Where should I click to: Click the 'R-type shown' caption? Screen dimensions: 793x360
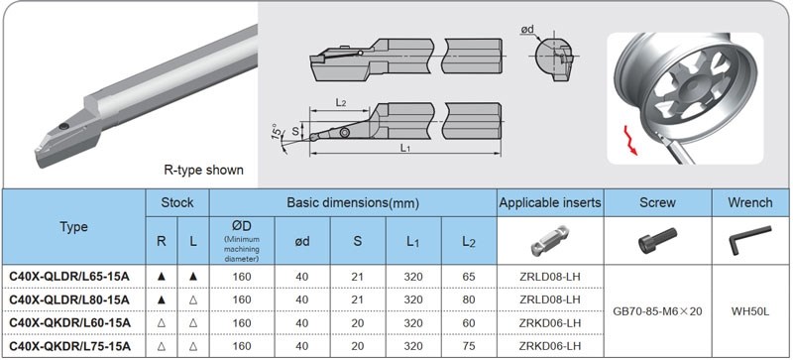(x=203, y=170)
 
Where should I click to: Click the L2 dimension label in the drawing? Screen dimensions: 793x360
(x=341, y=102)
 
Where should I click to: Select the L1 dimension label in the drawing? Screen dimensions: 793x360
(x=404, y=148)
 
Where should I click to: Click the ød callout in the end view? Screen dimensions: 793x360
(x=527, y=31)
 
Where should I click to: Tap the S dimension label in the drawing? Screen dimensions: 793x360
(x=295, y=131)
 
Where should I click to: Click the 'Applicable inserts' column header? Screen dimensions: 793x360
(x=550, y=202)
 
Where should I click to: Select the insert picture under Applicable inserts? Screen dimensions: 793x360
(x=550, y=241)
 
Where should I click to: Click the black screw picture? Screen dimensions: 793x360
(x=657, y=241)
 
